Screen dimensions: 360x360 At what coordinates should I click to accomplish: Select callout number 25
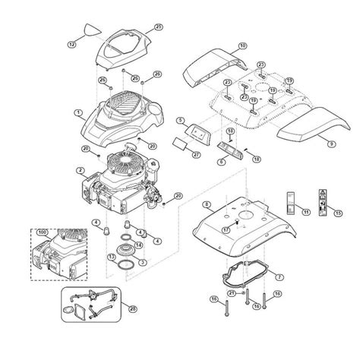point(158,27)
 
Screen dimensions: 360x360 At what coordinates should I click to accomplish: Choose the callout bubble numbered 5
point(180,120)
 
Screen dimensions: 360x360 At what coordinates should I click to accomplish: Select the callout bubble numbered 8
point(207,204)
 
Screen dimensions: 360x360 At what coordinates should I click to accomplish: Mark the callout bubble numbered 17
point(226,229)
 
